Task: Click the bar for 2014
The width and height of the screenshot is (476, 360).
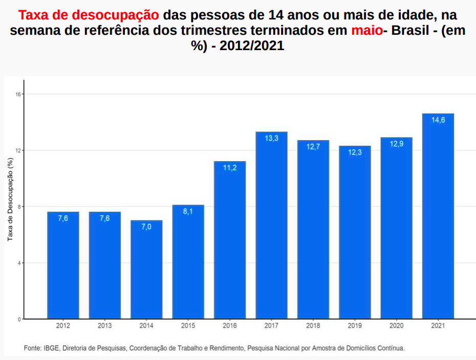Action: coord(146,269)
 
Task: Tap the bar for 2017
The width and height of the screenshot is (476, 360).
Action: coord(271,225)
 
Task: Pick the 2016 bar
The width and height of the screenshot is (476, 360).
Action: coord(230,240)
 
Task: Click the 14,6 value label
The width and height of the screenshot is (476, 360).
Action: coord(438,120)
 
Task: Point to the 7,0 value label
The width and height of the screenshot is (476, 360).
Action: coord(146,227)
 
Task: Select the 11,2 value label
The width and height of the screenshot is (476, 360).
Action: coord(230,168)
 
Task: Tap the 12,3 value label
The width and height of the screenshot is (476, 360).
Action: coord(355,152)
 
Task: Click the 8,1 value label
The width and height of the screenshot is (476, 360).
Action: coord(188,212)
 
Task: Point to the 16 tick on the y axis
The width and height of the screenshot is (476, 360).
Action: coord(18,94)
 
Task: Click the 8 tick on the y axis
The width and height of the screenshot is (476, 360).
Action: coord(19,207)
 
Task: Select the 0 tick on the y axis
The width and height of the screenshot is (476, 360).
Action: coord(19,319)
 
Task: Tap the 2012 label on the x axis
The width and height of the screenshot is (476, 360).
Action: coord(63,326)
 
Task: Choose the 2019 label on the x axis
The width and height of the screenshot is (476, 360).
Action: coord(355,326)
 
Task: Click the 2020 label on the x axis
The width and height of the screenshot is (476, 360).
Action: coord(396,326)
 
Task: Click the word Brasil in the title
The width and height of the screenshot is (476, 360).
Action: coord(409,30)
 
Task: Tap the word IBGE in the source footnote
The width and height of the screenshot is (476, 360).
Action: coord(51,348)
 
